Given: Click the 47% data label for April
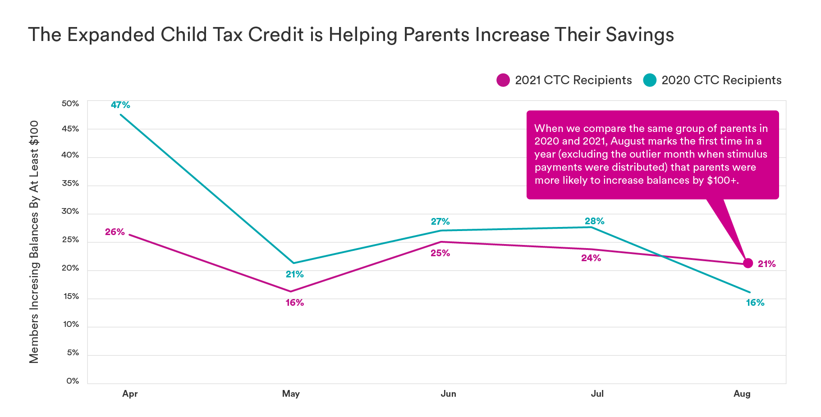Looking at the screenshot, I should click(120, 105).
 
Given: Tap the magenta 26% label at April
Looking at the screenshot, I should click(115, 232).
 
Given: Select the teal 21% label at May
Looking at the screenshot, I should click(294, 274).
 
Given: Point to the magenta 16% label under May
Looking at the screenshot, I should click(294, 303).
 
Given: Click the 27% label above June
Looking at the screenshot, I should click(440, 222).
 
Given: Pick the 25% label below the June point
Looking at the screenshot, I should click(440, 253).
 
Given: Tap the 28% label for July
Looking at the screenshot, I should click(594, 221).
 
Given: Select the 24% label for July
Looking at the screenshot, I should click(591, 258).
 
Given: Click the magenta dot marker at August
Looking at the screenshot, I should click(748, 263).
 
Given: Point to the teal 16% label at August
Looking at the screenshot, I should click(755, 303).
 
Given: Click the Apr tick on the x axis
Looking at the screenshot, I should click(130, 394).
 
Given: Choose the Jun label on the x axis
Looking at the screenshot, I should click(448, 394).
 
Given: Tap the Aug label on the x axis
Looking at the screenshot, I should click(742, 394).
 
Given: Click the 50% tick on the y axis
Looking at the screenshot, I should click(70, 104).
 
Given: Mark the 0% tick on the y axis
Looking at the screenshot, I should click(73, 381).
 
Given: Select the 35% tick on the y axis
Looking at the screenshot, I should click(70, 183).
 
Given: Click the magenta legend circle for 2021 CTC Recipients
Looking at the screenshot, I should click(503, 80).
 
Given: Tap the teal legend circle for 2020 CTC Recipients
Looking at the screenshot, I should click(649, 80).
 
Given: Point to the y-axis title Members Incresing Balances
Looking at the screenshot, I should click(34, 242).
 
